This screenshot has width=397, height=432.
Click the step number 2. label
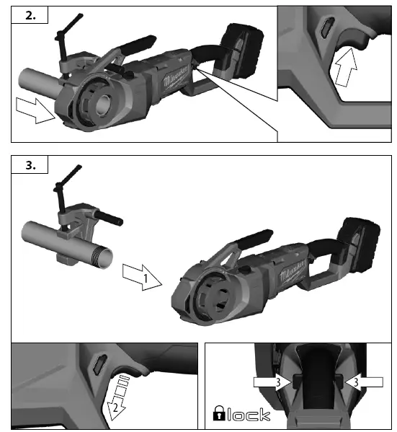pyautogui.click(x=29, y=16)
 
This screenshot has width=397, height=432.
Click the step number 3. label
pyautogui.click(x=29, y=166)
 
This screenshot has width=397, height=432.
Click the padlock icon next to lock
pyautogui.click(x=218, y=413)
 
